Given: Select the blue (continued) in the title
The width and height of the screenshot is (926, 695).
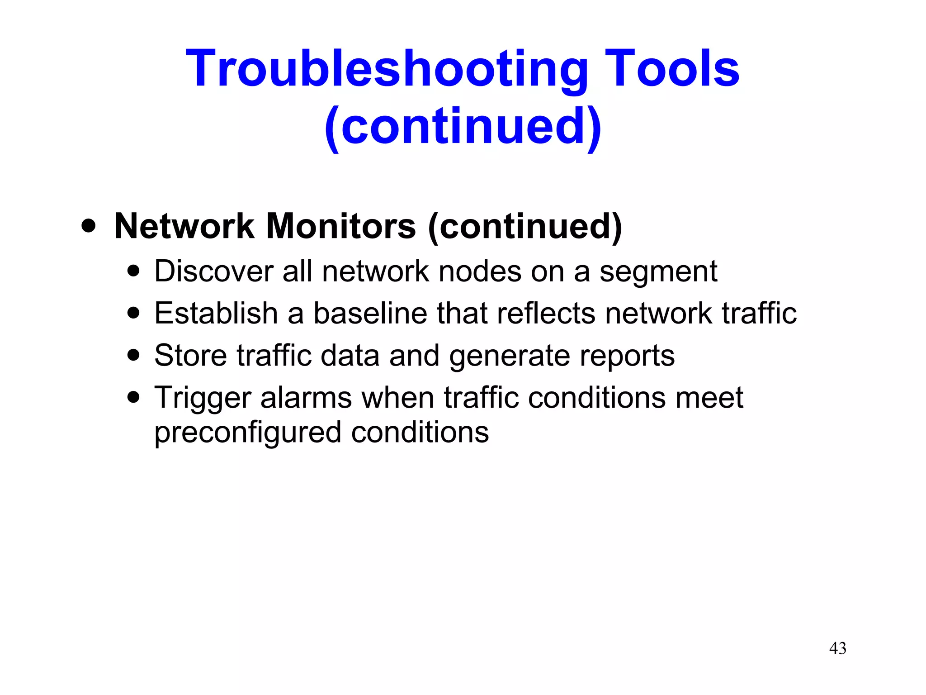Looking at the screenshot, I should tap(463, 127).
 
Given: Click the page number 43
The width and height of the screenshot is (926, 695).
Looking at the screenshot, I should tap(837, 648).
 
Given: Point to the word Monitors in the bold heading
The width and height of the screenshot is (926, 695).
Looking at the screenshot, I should tap(341, 226).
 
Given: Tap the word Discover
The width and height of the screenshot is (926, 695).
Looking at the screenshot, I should tap(214, 271).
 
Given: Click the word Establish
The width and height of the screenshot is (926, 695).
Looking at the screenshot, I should tap(216, 313).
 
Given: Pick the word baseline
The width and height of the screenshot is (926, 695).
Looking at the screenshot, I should tap(370, 313).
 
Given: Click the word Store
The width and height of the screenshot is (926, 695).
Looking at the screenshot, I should tap(190, 355).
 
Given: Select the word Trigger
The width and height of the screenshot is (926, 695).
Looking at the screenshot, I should tap(202, 398).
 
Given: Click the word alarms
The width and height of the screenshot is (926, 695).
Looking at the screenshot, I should tap(306, 398).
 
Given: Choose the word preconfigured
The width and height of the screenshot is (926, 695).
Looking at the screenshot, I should tap(247, 433).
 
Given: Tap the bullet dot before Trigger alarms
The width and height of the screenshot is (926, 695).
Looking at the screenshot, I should tap(133, 397).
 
